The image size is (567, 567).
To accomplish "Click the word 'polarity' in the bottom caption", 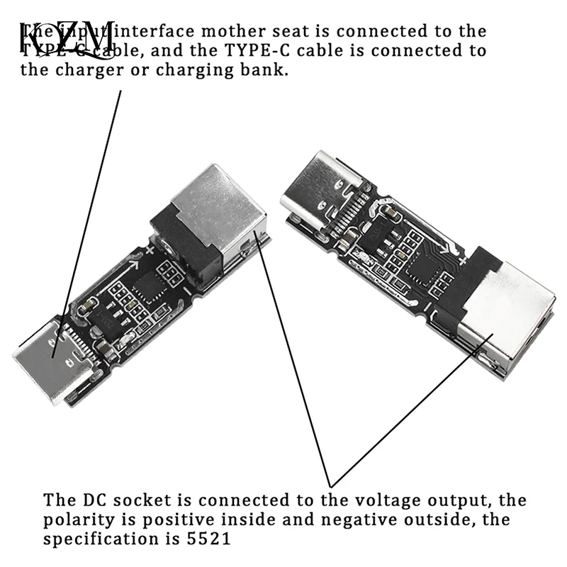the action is point(81,520).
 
